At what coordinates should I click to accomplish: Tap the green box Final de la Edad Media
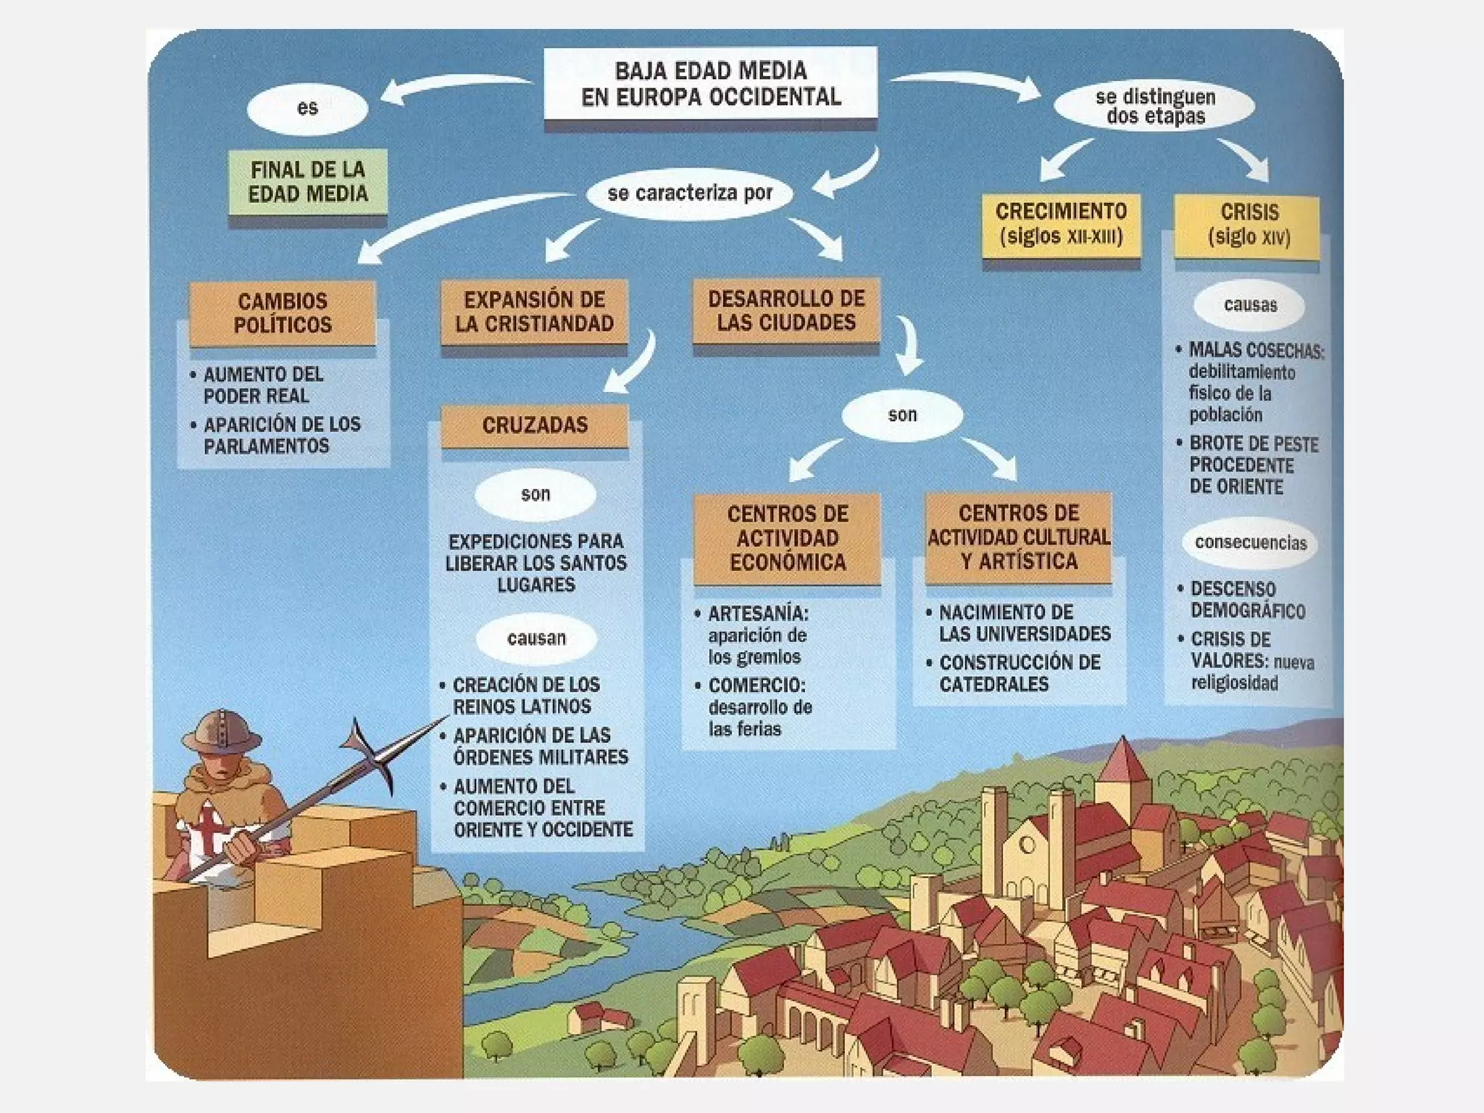click(308, 182)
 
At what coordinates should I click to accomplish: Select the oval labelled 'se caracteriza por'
click(690, 193)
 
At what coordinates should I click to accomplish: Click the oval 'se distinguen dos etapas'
click(1155, 107)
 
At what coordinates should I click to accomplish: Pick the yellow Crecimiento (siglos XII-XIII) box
click(1061, 224)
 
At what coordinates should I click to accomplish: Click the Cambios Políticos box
click(283, 313)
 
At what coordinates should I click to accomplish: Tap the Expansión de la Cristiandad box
click(535, 312)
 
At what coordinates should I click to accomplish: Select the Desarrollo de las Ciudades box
click(786, 310)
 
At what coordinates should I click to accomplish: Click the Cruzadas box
click(535, 425)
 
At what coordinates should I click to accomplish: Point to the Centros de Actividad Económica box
click(788, 538)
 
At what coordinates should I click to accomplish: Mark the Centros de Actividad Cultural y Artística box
click(1019, 537)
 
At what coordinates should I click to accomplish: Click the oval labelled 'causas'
click(1250, 305)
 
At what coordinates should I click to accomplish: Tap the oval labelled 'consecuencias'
click(1251, 543)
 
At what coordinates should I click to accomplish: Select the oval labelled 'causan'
click(536, 638)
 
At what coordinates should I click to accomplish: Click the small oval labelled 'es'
click(307, 109)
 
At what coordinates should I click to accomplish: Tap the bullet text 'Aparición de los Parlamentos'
click(281, 435)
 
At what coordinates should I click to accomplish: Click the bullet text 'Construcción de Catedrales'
click(1018, 673)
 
